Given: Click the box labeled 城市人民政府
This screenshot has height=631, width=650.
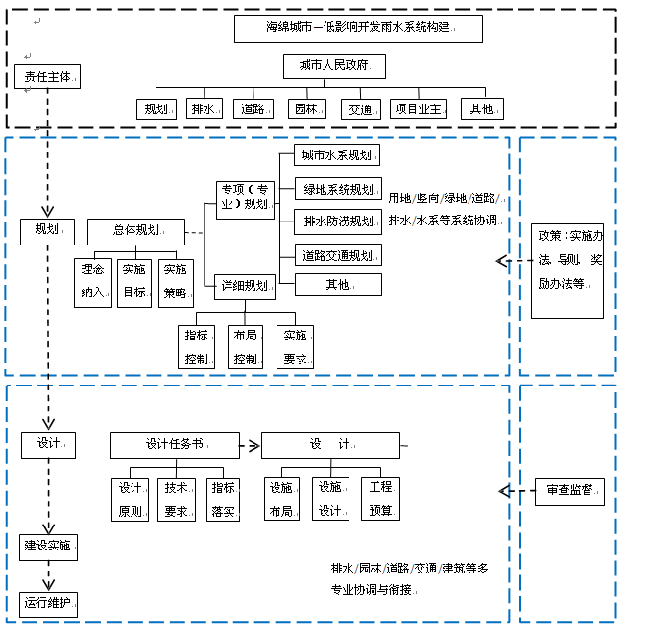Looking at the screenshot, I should pyautogui.click(x=334, y=66).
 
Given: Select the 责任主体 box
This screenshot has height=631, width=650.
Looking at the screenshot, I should pyautogui.click(x=47, y=77).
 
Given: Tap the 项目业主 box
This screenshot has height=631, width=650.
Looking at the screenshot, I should pyautogui.click(x=418, y=109).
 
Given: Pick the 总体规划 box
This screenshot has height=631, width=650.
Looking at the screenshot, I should pyautogui.click(x=136, y=231).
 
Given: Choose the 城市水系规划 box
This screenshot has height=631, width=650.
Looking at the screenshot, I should pyautogui.click(x=336, y=155).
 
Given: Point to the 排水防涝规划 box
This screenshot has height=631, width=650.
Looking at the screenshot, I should pyautogui.click(x=337, y=222).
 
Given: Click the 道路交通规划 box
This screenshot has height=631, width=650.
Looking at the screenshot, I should pyautogui.click(x=337, y=255).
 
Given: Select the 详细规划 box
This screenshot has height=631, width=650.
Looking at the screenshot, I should pyautogui.click(x=245, y=285).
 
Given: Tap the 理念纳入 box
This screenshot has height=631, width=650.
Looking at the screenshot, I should pyautogui.click(x=93, y=282).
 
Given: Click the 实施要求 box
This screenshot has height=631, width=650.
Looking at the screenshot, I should pyautogui.click(x=295, y=347).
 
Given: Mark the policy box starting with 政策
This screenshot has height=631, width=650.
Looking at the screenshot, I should pyautogui.click(x=567, y=270).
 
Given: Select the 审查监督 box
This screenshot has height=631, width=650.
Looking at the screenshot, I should pyautogui.click(x=569, y=491).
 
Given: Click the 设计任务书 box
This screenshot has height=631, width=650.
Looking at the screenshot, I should pyautogui.click(x=174, y=445).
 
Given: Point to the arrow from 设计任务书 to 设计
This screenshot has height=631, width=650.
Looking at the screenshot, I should pyautogui.click(x=250, y=445).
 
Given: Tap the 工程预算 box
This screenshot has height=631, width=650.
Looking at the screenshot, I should pyautogui.click(x=380, y=499).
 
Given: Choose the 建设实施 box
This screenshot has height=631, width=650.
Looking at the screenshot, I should pyautogui.click(x=48, y=547).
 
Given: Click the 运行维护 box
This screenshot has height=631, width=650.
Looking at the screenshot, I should pyautogui.click(x=48, y=604).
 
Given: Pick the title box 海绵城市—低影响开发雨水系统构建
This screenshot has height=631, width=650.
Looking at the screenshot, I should pyautogui.click(x=357, y=28).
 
